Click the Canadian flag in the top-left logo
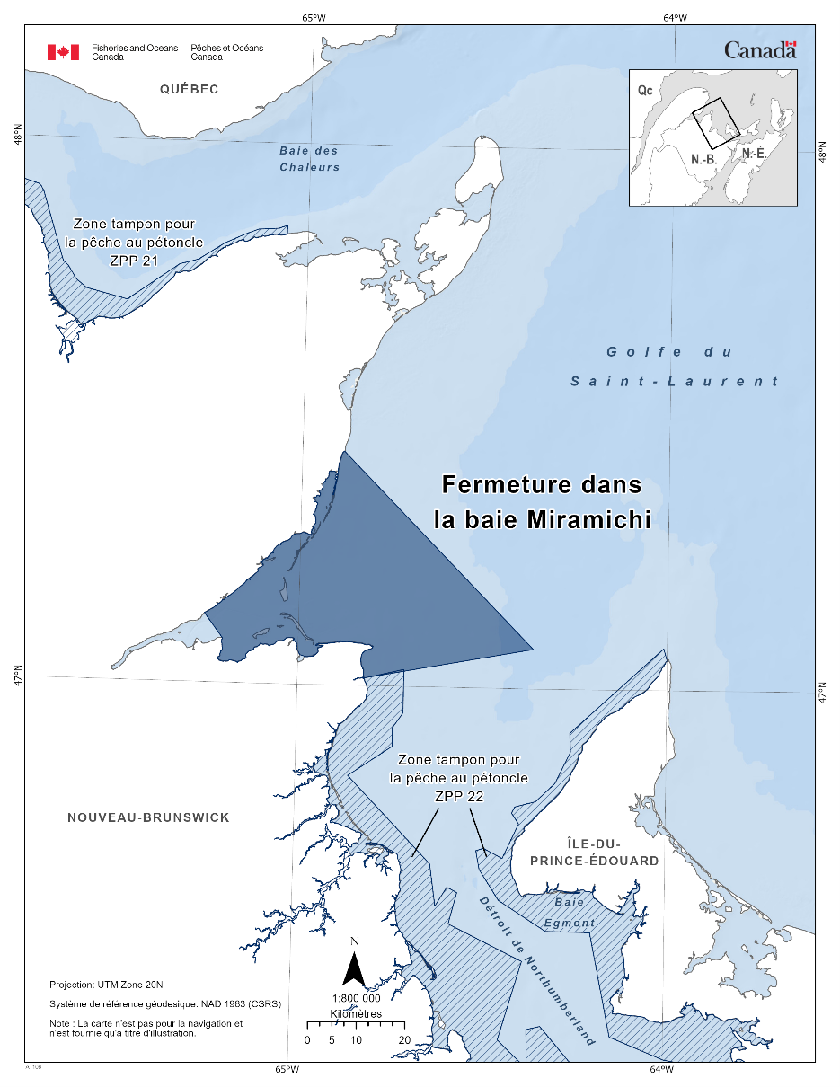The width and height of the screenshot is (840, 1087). tap(64, 52)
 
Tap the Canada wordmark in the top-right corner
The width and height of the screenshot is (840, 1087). tap(760, 50)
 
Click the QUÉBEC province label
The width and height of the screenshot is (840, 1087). tap(189, 89)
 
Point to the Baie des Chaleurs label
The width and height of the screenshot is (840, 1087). tap(309, 159)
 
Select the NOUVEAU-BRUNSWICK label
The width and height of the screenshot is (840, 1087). tap(148, 817)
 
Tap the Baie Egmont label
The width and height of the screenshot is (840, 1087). tap(569, 912)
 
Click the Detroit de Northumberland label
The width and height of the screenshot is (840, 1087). tap(536, 970)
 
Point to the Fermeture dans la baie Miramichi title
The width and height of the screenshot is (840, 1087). tap(542, 502)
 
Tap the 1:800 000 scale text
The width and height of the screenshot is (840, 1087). tap(356, 998)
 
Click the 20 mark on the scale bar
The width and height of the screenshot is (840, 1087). tap(404, 1039)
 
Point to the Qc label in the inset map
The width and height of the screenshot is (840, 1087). tap(644, 91)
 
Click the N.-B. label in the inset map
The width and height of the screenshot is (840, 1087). tap(703, 159)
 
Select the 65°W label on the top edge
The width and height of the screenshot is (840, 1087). tap(314, 17)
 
